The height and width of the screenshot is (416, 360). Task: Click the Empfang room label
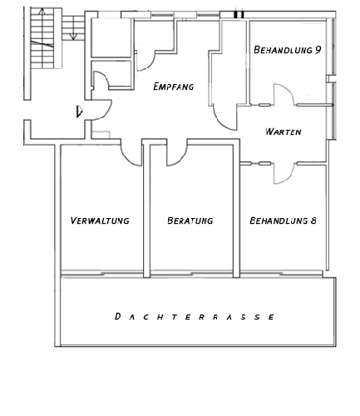click(x=174, y=87)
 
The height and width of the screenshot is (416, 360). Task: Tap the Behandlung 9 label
click(x=288, y=50)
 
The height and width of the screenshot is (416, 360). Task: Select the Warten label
click(x=284, y=131)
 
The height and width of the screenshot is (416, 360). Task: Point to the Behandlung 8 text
click(x=283, y=220)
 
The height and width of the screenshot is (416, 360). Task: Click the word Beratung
click(x=190, y=220)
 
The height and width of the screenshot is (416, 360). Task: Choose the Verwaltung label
click(x=100, y=220)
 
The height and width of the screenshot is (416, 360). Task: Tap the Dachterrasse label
click(x=195, y=316)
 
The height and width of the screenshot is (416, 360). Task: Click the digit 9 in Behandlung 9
click(x=318, y=50)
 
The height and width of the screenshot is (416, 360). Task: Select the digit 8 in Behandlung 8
click(x=313, y=220)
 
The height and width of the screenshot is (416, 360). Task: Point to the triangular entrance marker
click(x=79, y=111)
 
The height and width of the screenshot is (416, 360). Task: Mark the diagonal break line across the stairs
click(x=42, y=44)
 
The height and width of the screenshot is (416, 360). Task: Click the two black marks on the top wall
click(x=239, y=15)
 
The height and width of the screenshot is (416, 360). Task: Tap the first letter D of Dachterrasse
click(x=117, y=316)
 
